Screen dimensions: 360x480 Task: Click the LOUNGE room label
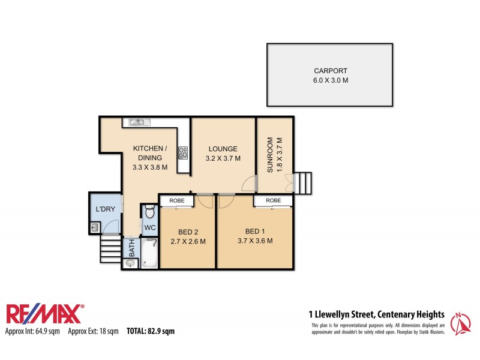(223, 149)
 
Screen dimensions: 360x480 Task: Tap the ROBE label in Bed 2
(176, 200)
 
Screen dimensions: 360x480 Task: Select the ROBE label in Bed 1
(274, 200)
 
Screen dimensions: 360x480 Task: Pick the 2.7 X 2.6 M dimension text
(189, 242)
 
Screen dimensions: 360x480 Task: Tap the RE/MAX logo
(45, 314)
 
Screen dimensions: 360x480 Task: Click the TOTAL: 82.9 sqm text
(150, 331)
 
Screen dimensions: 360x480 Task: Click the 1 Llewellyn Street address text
(376, 314)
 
